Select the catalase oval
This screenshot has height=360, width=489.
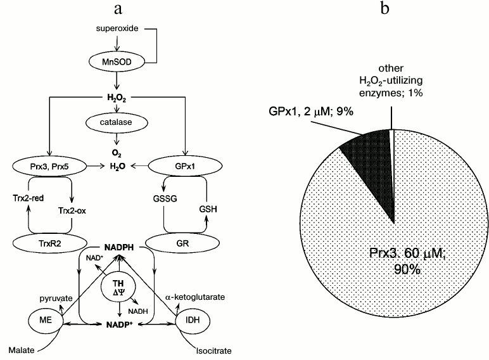point(117,120)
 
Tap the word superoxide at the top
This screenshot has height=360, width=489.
point(117,29)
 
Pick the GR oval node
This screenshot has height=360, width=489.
point(179,243)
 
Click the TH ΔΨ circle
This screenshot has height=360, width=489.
point(118,289)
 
